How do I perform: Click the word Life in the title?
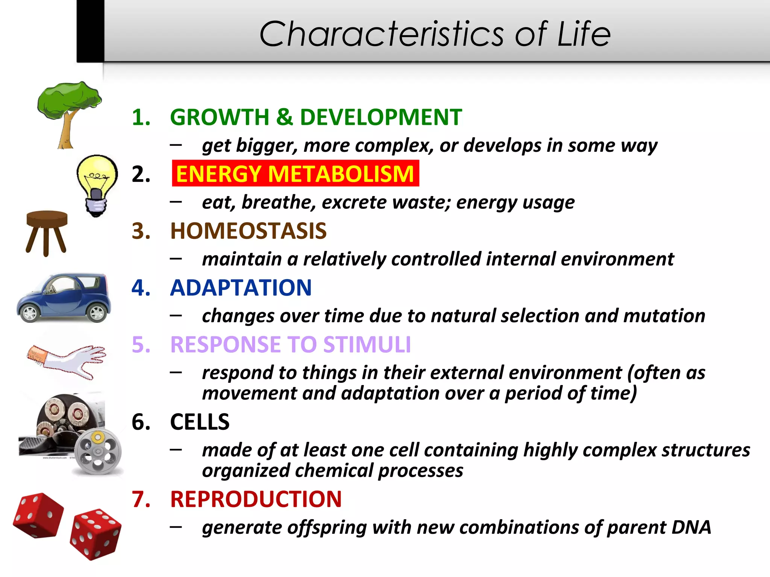point(584,35)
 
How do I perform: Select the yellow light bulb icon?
point(97,184)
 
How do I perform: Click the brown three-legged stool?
point(47,231)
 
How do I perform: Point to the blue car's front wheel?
point(29,313)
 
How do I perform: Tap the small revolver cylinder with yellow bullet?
point(98,451)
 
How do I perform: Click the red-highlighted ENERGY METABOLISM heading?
point(295,174)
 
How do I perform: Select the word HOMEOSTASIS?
point(248,231)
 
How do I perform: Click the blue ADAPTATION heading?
point(241,288)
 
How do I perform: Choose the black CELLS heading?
point(200,422)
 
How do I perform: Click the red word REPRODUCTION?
point(256,499)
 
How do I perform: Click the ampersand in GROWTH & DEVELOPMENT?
point(284,117)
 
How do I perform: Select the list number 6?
point(141,422)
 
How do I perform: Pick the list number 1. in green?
point(141,117)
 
